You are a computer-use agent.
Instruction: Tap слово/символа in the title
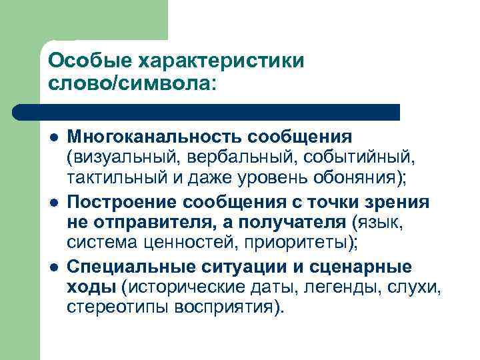click(132, 84)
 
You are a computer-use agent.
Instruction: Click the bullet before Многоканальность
click(53, 137)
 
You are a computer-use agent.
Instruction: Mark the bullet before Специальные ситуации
click(53, 267)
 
